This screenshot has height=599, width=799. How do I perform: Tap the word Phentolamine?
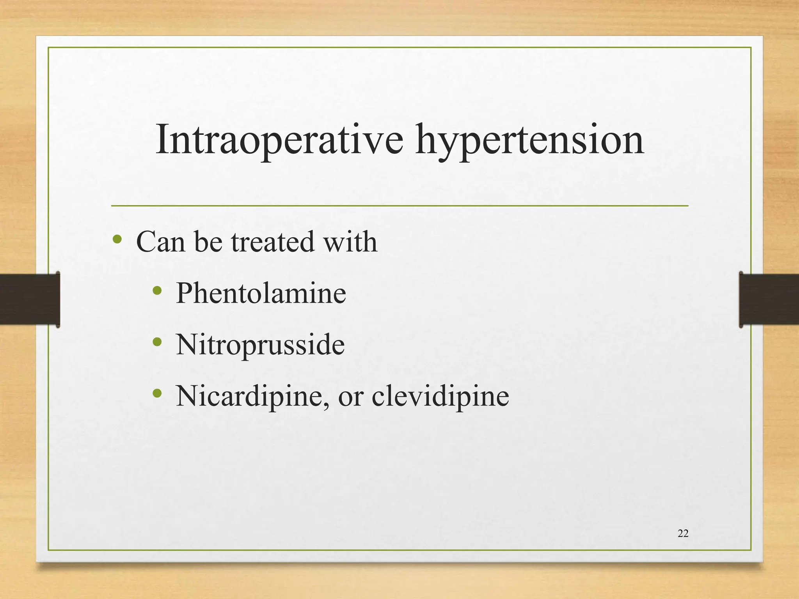coord(261,293)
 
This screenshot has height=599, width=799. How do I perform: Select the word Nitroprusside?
coord(260,345)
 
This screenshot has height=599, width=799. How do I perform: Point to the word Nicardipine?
coord(250,396)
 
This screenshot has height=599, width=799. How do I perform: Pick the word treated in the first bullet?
coord(273,242)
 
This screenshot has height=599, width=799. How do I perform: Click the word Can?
coord(160,242)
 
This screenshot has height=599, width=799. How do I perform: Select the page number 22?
coord(683,533)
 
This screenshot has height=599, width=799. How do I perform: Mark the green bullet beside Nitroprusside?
coord(157,342)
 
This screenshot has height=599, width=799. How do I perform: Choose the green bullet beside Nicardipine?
coord(157,393)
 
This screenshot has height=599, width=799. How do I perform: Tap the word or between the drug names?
coord(350,398)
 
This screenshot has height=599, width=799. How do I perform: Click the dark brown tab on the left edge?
coord(29,299)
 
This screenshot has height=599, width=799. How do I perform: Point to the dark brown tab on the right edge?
coord(769,299)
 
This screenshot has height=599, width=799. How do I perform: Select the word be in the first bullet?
coord(208,242)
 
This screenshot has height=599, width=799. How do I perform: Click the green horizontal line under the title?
coord(399,206)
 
